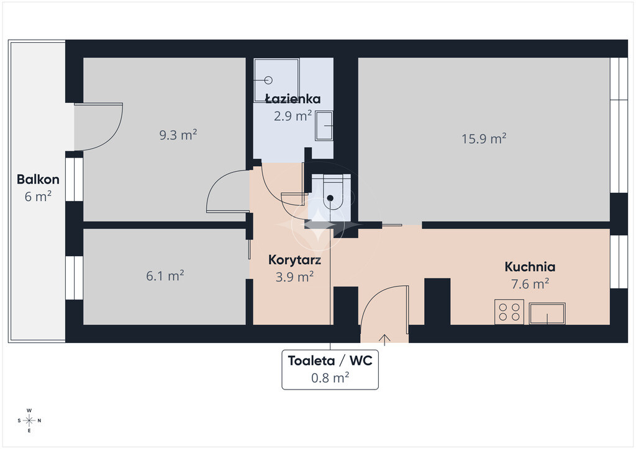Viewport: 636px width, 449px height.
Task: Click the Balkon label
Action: pos(38,179)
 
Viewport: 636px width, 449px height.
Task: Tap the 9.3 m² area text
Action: pos(178,135)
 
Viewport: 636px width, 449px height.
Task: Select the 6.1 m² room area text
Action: pos(165,276)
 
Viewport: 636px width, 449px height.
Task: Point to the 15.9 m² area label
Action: pos(484,139)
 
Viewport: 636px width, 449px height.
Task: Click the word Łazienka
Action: pos(293,99)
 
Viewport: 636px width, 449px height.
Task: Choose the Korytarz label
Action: pos(294,260)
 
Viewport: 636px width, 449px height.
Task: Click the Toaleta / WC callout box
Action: pos(330,370)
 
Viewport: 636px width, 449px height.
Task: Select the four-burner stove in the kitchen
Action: pos(509,312)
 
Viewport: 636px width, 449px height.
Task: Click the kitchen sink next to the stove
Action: pos(547,313)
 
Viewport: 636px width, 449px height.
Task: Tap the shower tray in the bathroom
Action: pos(276,80)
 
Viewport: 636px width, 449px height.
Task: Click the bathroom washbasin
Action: pos(324,126)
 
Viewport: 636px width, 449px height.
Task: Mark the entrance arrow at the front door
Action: pos(384,340)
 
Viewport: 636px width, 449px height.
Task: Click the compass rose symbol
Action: pos(29,420)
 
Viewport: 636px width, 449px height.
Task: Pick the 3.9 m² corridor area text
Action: pos(294,277)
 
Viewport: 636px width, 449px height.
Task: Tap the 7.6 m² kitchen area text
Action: pos(530,284)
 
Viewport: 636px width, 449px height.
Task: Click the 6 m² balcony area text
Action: pos(38,197)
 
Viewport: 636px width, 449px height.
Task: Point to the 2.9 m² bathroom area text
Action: pos(293,116)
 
